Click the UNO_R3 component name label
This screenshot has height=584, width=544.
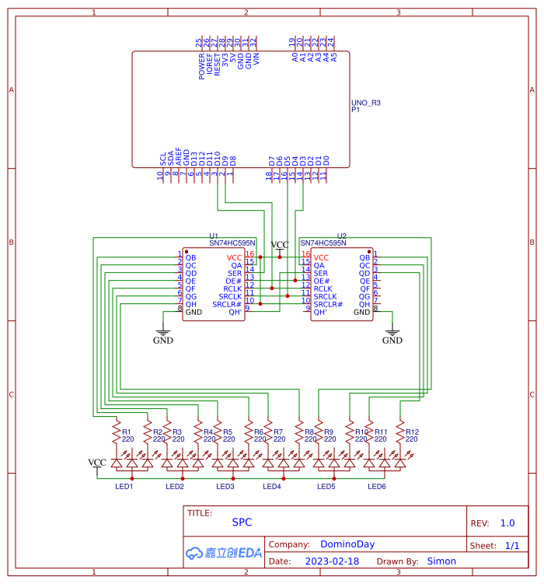click(x=366, y=103)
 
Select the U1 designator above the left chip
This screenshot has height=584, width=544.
click(x=214, y=236)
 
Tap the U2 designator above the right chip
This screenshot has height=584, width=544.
click(x=341, y=236)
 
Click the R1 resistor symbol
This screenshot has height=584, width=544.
click(x=117, y=430)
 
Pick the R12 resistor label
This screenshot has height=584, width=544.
click(x=412, y=432)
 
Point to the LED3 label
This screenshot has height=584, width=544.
click(x=225, y=487)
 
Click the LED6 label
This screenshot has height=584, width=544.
click(x=376, y=487)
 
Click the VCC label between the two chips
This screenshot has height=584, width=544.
click(x=279, y=245)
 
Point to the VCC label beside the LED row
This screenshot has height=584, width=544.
click(x=97, y=463)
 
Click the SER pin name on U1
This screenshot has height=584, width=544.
click(x=234, y=273)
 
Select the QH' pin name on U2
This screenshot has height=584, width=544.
click(x=320, y=312)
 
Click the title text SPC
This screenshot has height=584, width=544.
click(x=242, y=523)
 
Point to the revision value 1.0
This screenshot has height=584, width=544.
click(x=507, y=523)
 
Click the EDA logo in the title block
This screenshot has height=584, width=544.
click(x=224, y=553)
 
